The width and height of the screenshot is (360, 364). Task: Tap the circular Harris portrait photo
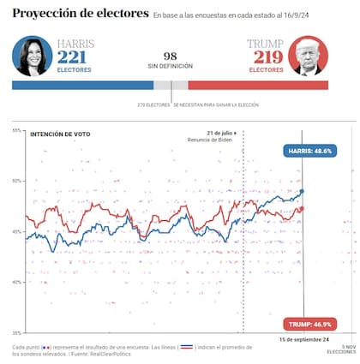33,56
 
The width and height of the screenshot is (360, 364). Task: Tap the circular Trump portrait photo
309,56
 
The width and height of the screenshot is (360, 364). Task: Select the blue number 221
72,58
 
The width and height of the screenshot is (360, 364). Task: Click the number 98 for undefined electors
170,55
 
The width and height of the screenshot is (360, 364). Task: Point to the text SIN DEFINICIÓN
170,66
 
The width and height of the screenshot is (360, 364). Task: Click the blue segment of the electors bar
82,86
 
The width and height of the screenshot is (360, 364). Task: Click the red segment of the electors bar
266,86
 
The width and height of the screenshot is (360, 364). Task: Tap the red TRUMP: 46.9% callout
310,324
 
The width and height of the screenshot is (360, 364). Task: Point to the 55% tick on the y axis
17,130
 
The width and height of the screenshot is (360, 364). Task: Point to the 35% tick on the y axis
17,332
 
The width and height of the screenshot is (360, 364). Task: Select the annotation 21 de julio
220,133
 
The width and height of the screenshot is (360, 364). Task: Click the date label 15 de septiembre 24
304,340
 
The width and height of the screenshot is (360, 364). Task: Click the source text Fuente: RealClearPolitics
107,354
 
